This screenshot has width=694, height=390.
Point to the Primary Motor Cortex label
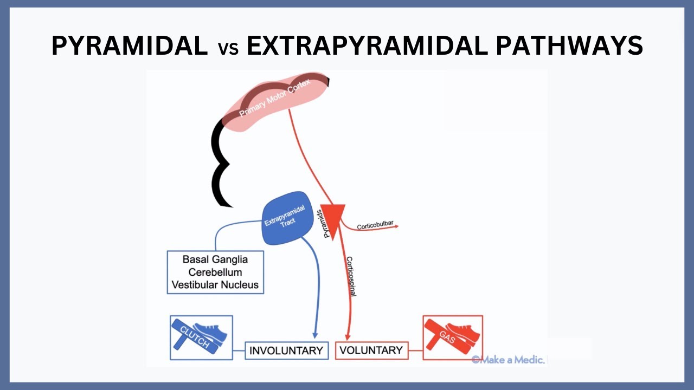(275, 99)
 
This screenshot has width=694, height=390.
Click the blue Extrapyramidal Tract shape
(288, 217)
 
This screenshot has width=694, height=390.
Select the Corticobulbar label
(375, 226)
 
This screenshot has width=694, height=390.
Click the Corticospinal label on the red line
(351, 276)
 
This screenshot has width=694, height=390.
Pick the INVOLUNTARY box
(286, 350)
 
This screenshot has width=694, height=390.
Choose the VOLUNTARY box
(371, 350)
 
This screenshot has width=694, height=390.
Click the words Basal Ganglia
(215, 259)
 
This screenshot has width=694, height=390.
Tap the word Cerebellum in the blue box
(215, 272)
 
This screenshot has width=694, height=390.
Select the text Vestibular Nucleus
(215, 284)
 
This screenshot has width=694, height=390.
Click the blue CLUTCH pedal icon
(201, 337)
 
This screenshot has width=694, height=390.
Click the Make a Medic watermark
(507, 360)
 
